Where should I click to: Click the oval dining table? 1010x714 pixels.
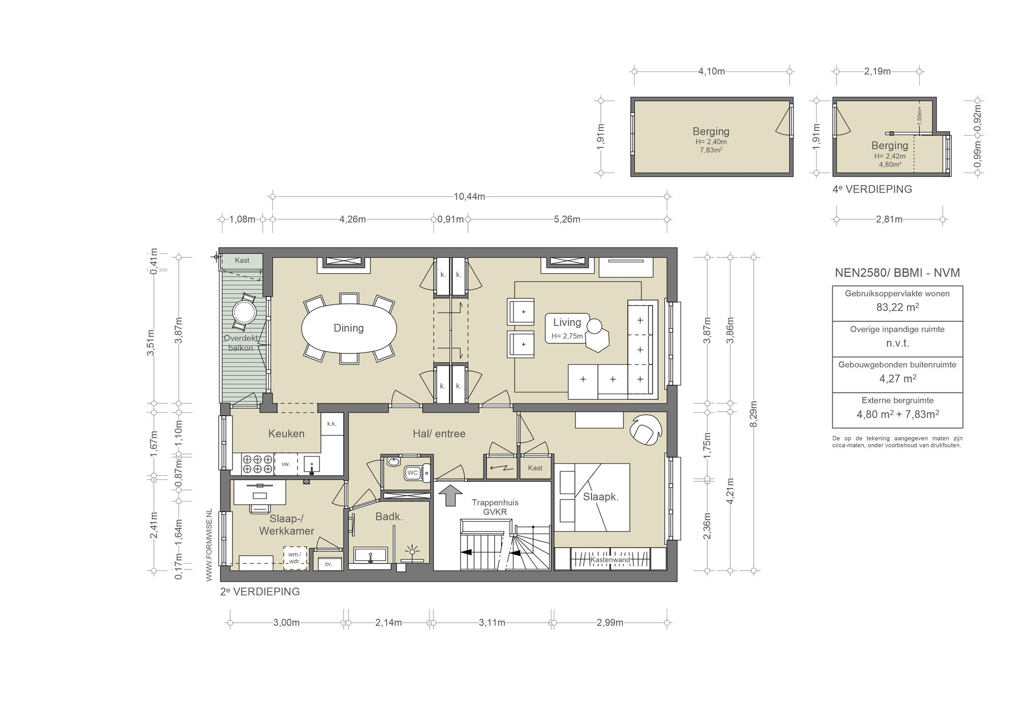349,328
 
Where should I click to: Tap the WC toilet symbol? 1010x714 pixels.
417,473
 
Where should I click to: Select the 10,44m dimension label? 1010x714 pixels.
469,197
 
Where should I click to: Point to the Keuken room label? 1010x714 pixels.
286,433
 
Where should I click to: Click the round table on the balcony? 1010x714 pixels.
244,312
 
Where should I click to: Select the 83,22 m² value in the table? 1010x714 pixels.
897,307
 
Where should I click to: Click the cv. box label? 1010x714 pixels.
328,564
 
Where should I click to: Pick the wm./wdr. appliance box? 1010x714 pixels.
295,558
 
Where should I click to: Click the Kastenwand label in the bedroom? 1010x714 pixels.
610,560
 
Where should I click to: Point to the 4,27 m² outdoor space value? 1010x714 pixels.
897,379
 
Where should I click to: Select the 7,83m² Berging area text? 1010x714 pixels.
711,150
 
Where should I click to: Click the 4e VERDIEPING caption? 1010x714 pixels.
872,189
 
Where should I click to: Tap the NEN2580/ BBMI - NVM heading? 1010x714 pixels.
897,273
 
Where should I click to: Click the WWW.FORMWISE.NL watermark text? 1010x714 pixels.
209,544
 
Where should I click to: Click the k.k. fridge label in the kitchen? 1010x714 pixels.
332,424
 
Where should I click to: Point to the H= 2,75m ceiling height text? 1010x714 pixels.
567,336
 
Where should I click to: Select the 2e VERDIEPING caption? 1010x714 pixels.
260,591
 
